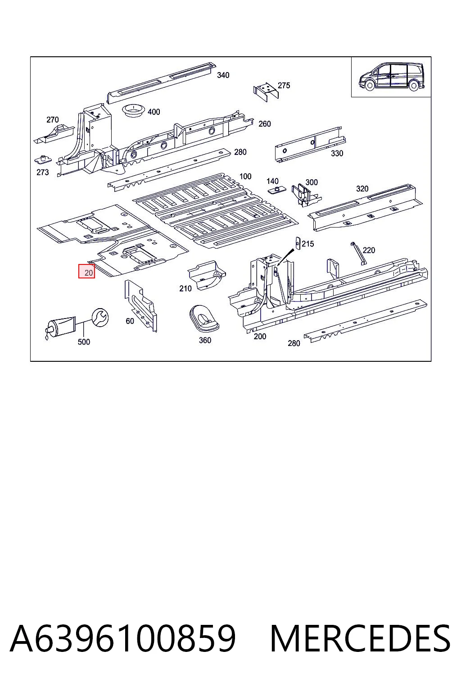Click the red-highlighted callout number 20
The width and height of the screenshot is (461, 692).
click(88, 273)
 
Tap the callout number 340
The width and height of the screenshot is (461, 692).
click(223, 75)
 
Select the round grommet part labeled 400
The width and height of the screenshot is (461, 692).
click(133, 110)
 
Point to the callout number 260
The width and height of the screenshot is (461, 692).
click(264, 124)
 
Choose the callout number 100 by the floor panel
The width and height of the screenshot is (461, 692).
click(245, 177)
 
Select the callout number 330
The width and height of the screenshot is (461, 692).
click(337, 153)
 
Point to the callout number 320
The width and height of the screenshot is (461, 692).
click(362, 189)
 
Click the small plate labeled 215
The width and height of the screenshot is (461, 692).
click(298, 243)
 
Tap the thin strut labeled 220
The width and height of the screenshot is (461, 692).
click(358, 253)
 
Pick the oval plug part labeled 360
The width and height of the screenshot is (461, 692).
click(204, 319)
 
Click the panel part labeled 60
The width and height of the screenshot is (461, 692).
click(140, 306)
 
